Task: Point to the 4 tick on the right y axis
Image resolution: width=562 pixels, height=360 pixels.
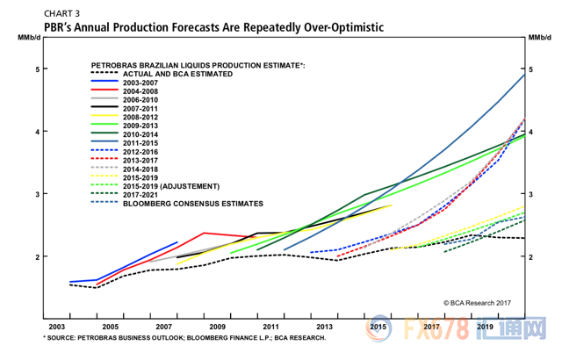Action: point(530,132)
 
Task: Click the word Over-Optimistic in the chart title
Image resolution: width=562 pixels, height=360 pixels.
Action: point(337,27)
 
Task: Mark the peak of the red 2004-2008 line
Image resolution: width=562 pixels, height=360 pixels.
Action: point(205,233)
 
